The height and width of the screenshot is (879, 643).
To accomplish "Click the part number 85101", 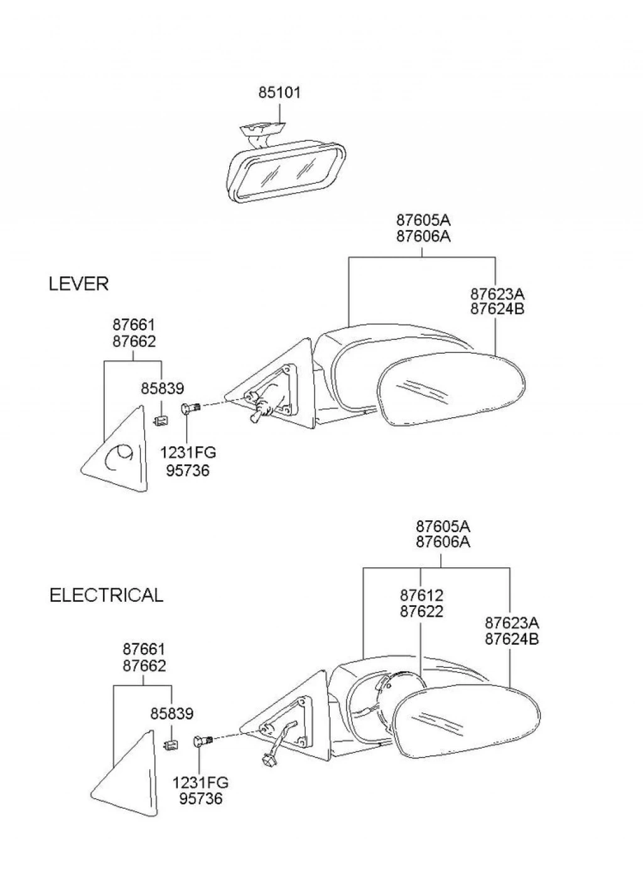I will [279, 92].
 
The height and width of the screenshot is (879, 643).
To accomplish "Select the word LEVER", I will [78, 284].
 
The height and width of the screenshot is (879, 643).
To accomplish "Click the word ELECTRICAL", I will [106, 595].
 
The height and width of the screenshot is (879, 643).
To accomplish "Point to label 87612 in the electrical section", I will [421, 595].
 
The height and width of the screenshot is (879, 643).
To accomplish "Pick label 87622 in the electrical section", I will [421, 611].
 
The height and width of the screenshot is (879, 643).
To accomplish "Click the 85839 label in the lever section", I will [162, 389].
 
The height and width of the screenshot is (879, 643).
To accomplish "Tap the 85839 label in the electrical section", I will [171, 714].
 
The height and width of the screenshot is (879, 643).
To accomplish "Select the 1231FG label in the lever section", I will [188, 452].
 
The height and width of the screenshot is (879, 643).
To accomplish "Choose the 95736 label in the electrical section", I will [201, 799].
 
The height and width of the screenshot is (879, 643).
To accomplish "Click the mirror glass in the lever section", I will [453, 390].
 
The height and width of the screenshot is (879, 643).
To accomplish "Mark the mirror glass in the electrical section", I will [467, 717].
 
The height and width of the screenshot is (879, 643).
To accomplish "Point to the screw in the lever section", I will [190, 408].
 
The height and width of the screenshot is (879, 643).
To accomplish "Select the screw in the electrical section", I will [204, 740].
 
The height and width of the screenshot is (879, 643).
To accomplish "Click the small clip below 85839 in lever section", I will [161, 420].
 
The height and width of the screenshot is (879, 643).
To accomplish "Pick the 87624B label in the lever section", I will [497, 309].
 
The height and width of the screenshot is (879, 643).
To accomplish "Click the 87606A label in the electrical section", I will [443, 542].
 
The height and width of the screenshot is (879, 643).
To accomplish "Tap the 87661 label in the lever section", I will [134, 325].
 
